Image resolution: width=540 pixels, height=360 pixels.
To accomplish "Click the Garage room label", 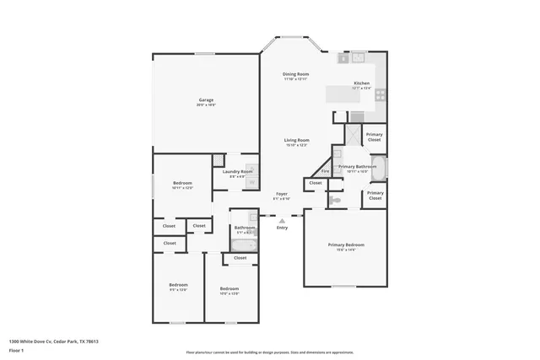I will (x=206, y=100).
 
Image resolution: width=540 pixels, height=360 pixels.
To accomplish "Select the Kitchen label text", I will (x=361, y=83).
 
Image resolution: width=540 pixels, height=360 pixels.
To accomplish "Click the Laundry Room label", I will (x=237, y=172).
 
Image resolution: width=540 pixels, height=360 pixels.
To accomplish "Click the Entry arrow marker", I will (x=282, y=221).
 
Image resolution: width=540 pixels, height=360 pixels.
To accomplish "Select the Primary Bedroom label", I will (x=346, y=244).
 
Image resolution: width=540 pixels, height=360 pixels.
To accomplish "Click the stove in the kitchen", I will (x=380, y=95).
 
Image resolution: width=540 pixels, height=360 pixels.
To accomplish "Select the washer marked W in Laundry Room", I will (x=251, y=182).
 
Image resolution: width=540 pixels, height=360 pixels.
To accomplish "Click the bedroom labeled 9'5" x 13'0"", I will (x=178, y=286).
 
